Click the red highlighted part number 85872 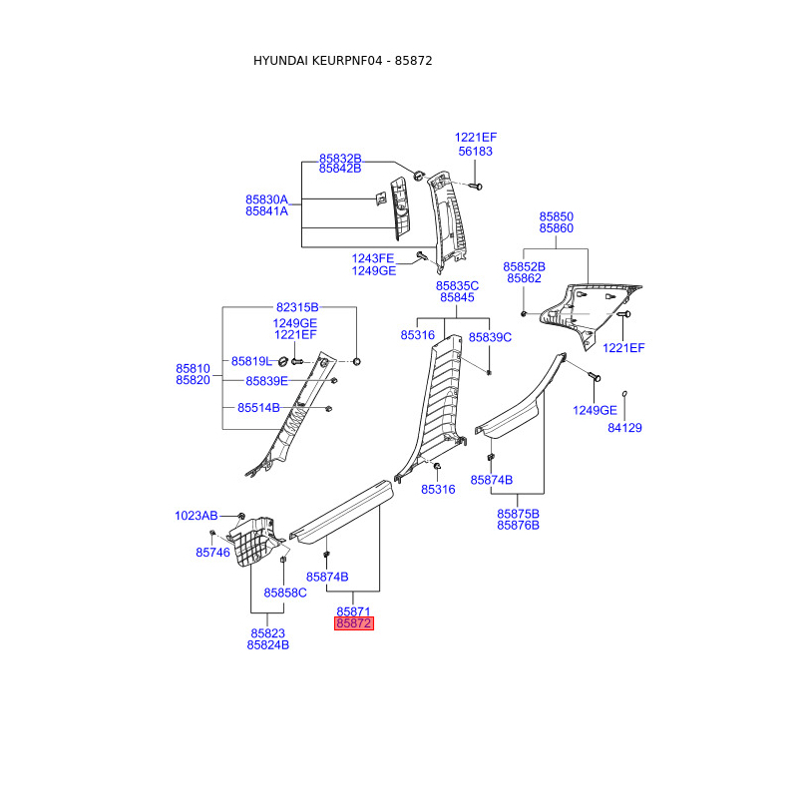(354, 623)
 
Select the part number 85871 (354, 610)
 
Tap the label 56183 (476, 152)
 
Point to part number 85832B (340, 159)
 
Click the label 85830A (266, 199)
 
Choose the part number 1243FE (373, 258)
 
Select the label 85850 (557, 216)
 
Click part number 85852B (524, 266)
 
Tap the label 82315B (297, 307)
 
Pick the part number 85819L (251, 361)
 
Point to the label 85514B (258, 408)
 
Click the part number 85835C (457, 286)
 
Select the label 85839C (490, 337)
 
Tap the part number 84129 (625, 428)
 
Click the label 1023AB (196, 516)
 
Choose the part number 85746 (212, 552)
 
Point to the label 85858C (285, 593)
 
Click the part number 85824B (267, 645)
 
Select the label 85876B (518, 525)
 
